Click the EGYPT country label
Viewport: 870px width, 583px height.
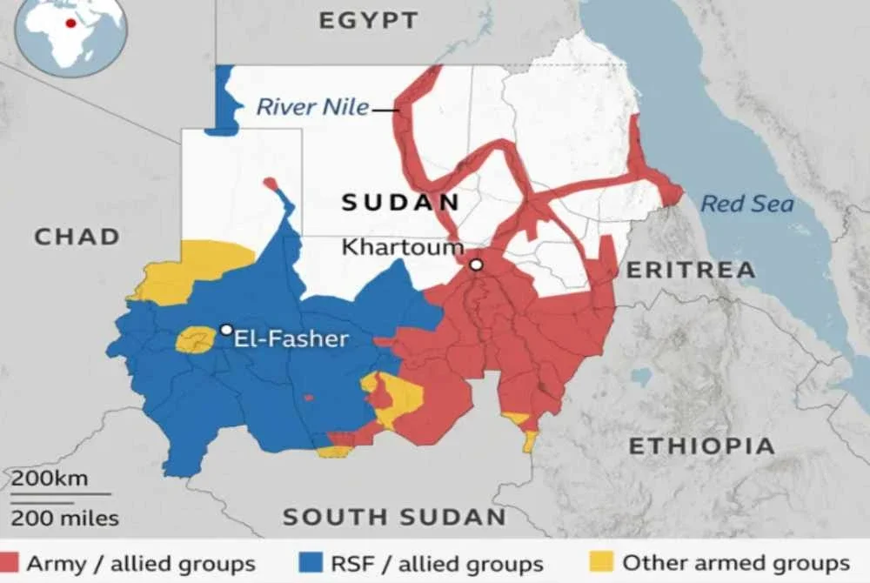coord(368,20)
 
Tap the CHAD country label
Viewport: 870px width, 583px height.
coord(77,236)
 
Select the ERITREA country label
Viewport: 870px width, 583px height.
coord(691,270)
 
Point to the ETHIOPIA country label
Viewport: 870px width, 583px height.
coord(701,446)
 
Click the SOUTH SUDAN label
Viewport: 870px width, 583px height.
coord(394,517)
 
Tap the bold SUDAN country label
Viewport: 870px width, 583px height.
coord(400,203)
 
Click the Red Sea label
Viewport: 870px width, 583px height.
coord(747,204)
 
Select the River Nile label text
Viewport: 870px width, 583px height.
coord(312,108)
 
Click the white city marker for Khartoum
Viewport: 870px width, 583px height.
coord(476,265)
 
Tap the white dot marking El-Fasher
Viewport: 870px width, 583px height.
coord(226,330)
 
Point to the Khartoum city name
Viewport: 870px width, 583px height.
coord(402,246)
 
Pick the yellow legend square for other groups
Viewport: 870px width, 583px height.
coord(603,562)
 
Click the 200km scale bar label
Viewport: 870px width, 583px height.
coord(49,479)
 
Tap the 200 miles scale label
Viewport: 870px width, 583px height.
coord(64,519)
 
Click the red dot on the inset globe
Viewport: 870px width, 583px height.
coord(70,23)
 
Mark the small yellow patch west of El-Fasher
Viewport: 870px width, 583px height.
coord(195,338)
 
